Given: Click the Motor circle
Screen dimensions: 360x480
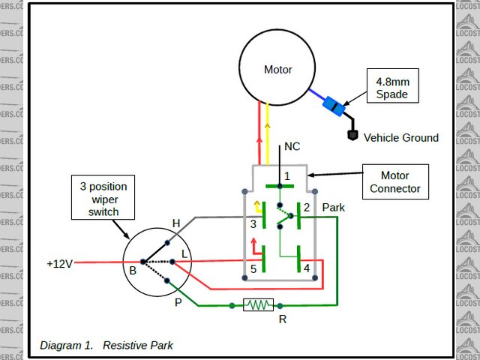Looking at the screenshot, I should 277,69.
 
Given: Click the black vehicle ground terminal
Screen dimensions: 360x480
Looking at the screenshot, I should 351,136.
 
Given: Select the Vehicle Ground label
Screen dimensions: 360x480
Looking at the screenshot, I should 401,138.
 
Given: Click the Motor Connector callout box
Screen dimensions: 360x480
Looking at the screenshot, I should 395,182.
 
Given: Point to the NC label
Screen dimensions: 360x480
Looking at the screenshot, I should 292,148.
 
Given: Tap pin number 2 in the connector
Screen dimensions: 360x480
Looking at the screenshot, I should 306,207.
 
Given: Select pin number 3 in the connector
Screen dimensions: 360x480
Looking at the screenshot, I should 253,223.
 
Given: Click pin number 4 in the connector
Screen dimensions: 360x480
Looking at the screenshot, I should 306,268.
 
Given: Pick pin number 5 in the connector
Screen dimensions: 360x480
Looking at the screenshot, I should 253,268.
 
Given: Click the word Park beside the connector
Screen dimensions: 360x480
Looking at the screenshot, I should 333,207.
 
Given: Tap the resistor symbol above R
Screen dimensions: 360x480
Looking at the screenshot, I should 259,305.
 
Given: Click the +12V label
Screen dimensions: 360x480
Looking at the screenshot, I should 59,264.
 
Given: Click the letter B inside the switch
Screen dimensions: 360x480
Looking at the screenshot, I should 132,270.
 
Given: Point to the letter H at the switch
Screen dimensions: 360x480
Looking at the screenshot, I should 176,223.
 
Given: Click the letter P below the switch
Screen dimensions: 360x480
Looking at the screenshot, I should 178,301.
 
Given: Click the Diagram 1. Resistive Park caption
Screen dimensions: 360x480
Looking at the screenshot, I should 106,346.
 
